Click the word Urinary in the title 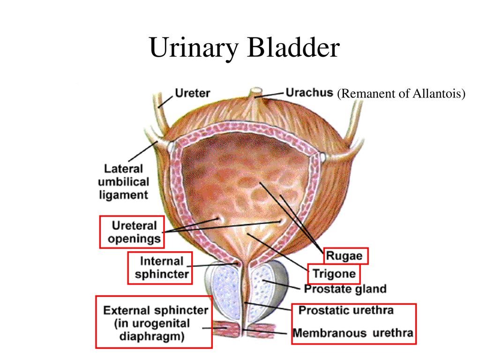[x=194, y=48]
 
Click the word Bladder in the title [x=293, y=47]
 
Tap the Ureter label [x=192, y=93]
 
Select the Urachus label [x=309, y=92]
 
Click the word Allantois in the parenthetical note [x=439, y=93]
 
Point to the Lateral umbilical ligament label [x=124, y=182]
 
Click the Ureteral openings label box [x=132, y=232]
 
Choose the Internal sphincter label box [x=160, y=268]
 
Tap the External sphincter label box [x=154, y=322]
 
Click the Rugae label [x=346, y=256]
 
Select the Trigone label [x=334, y=274]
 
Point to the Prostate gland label [x=345, y=289]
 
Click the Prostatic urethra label [x=346, y=310]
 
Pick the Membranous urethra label [x=353, y=333]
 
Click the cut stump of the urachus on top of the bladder [x=256, y=91]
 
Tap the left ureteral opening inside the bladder [x=219, y=219]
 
